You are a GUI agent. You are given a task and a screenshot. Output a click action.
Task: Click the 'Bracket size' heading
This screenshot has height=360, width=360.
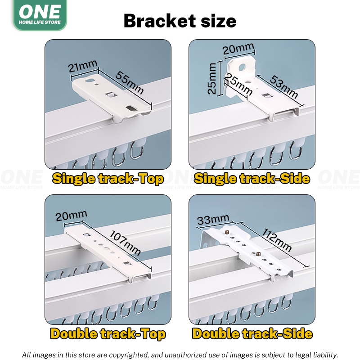[180, 21]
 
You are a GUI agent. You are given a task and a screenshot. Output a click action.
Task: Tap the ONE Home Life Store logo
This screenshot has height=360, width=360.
[40, 15]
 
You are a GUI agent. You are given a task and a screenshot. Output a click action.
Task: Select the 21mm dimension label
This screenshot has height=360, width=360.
[83, 66]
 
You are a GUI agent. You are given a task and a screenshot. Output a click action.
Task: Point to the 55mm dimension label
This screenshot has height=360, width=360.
[130, 83]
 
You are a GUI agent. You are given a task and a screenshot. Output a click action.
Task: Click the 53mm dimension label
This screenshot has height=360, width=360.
[284, 86]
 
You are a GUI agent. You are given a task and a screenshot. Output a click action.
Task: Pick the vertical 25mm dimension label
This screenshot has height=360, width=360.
[211, 78]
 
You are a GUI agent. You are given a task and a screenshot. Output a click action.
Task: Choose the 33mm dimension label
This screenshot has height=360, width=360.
[213, 220]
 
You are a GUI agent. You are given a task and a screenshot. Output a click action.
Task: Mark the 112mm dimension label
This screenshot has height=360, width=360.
[277, 240]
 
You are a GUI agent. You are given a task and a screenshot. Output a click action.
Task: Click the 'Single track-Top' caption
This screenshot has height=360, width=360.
[108, 179]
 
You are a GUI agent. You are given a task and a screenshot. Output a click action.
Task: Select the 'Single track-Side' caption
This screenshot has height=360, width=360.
[252, 179]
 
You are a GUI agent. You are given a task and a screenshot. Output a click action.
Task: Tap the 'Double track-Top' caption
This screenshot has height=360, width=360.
[108, 334]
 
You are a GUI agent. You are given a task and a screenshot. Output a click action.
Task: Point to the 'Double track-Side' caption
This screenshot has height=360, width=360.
[252, 334]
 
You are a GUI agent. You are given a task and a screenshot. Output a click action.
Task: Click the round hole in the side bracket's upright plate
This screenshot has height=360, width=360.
[242, 67]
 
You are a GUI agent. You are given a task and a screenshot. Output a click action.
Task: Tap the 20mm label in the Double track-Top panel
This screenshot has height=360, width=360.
[72, 216]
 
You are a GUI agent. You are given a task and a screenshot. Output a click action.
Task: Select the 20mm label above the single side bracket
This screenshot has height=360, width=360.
[238, 49]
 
